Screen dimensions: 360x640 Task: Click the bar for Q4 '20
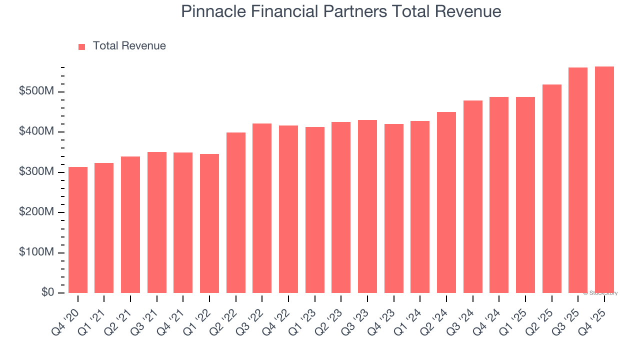point(78,230)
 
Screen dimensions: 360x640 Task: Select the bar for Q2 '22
point(236,212)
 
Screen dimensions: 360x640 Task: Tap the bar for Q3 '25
point(578,180)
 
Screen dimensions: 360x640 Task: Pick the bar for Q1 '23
point(315,210)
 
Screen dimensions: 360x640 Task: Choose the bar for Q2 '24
point(446,202)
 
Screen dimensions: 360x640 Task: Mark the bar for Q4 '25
point(604,180)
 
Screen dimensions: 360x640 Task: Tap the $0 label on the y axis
point(47,292)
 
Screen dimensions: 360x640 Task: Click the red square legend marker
point(82,46)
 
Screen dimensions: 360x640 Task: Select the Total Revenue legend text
point(129,46)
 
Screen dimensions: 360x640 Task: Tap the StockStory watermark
point(600,293)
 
